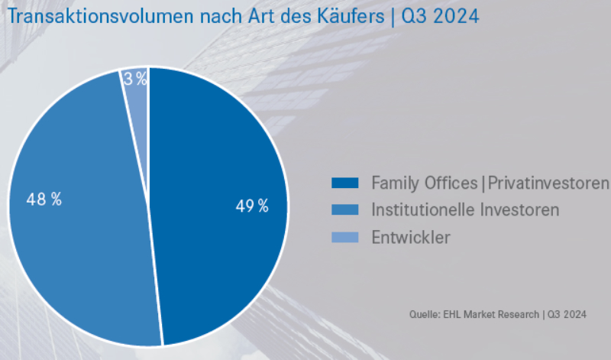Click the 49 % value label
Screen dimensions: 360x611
[252, 206]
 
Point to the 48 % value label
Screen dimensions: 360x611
[44, 199]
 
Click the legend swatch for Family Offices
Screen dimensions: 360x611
[345, 183]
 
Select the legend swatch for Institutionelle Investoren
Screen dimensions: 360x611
[345, 209]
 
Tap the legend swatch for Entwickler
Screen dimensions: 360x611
[345, 237]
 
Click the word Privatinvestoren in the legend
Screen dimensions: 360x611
[548, 183]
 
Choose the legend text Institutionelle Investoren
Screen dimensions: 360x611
[465, 209]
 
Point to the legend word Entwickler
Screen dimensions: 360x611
[410, 237]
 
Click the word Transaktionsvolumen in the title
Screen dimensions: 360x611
[91, 16]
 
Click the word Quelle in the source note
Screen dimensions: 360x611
[422, 314]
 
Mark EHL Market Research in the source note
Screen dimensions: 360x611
[493, 314]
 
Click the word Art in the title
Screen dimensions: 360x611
[254, 16]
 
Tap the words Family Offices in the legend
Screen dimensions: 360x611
[424, 183]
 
